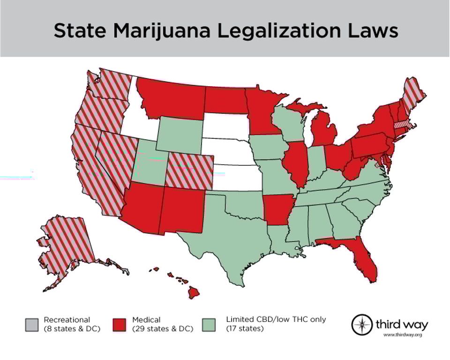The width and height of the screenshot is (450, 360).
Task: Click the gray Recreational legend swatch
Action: [x=31, y=324]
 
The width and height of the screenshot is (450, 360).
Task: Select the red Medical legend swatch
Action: [x=120, y=324]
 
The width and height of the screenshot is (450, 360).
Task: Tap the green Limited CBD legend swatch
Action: [x=209, y=324]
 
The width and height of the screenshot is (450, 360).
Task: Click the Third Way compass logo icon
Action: [x=362, y=324]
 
